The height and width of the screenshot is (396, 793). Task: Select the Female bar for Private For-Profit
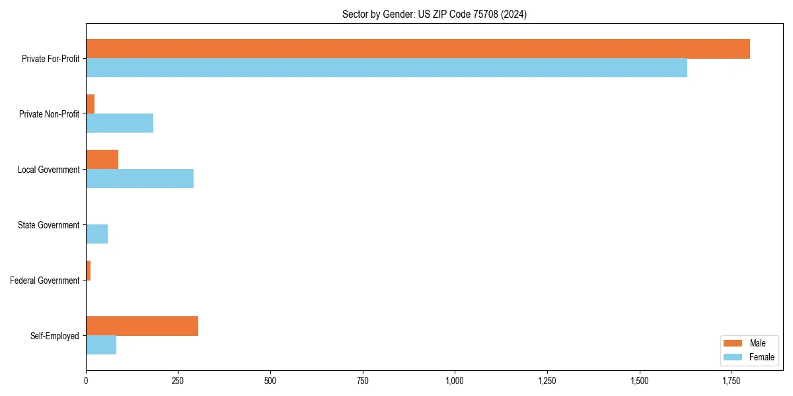point(387,68)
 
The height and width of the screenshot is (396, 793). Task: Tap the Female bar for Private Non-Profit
point(120,123)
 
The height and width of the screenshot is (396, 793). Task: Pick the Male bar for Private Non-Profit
point(91,104)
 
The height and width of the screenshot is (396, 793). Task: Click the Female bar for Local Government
point(139,179)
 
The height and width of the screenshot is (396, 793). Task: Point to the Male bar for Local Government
point(102,160)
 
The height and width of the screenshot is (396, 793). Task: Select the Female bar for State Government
point(97,234)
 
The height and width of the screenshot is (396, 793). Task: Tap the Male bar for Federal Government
point(89,271)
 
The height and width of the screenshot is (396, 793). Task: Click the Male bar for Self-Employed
point(142,326)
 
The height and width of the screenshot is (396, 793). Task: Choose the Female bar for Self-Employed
point(101,345)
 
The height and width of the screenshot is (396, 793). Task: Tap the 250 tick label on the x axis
point(178,381)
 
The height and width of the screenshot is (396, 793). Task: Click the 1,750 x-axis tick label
point(731,381)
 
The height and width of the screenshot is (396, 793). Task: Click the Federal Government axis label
point(45,280)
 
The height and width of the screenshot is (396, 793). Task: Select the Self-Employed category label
point(55,336)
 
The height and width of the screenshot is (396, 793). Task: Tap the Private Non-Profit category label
point(49,114)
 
